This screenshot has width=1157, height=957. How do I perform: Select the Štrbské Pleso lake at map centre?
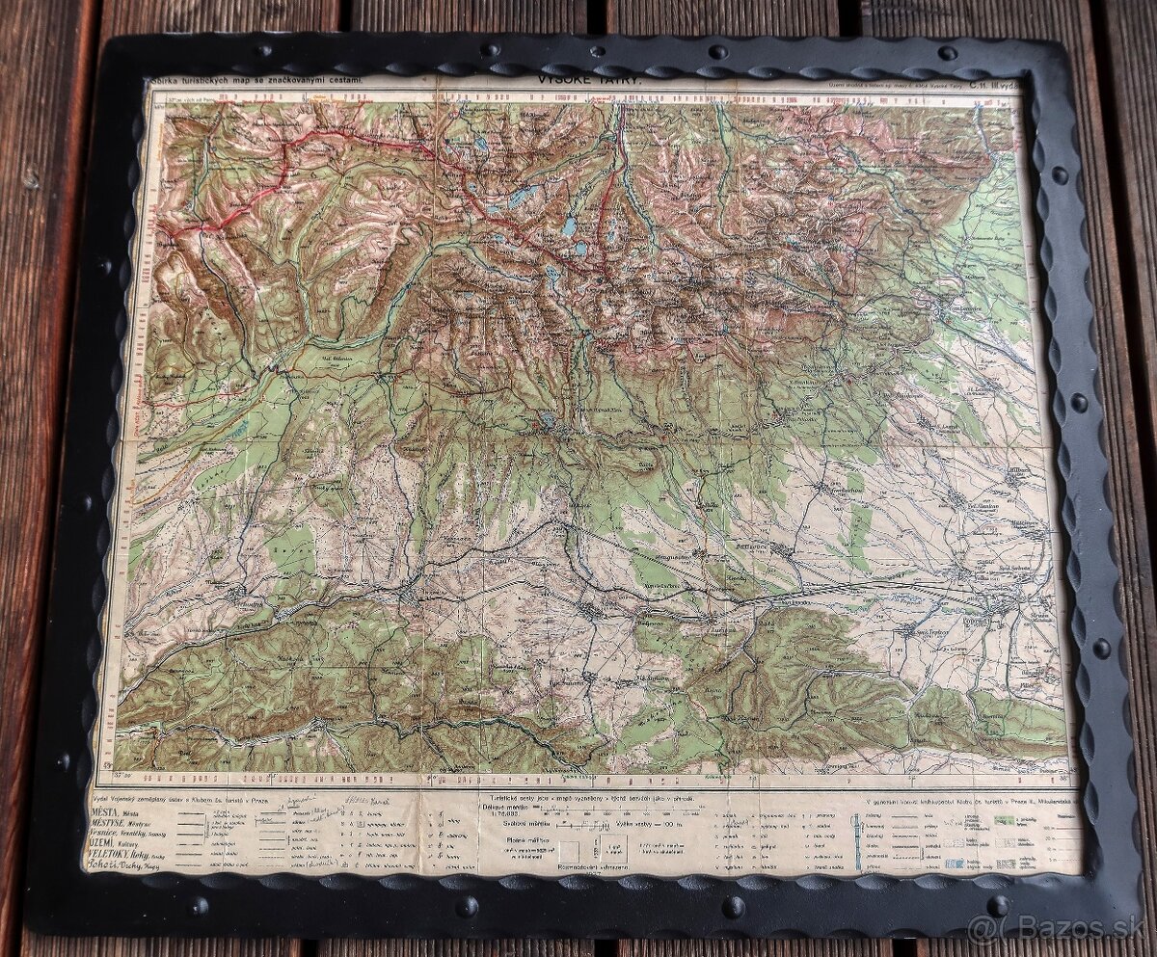(548, 419)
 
